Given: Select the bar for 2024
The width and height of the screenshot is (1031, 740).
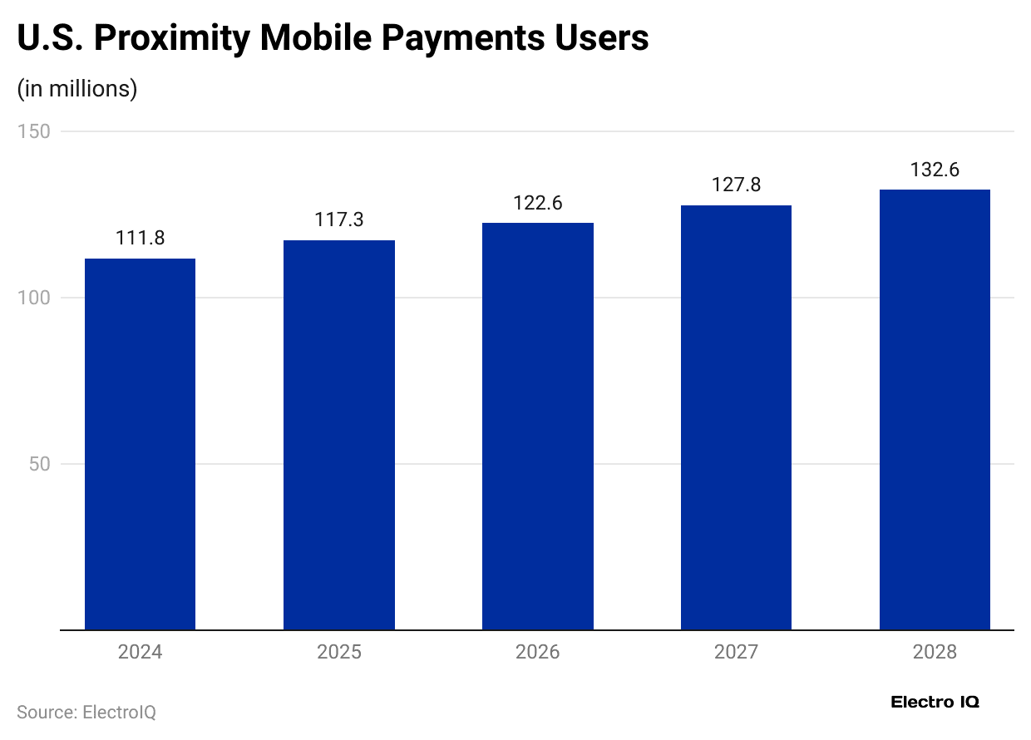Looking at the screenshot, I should [x=140, y=444].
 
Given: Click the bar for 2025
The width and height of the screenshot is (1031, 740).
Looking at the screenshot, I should [x=338, y=435].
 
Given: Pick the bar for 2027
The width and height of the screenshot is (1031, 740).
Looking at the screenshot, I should [x=736, y=417].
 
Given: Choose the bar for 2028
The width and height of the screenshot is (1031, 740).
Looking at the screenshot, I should [x=935, y=409].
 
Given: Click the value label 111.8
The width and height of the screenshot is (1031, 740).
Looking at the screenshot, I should [x=140, y=239].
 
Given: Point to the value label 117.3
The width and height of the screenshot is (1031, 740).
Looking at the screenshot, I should [x=338, y=220].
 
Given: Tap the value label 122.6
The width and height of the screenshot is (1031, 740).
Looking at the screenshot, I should [x=537, y=203].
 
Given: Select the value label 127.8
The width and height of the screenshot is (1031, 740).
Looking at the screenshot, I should [x=736, y=185].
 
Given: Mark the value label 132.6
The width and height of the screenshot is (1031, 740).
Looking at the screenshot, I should [x=935, y=170].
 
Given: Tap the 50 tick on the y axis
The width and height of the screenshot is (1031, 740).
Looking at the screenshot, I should [x=39, y=464].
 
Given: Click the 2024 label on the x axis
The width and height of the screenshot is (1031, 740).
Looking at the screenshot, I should [x=140, y=652].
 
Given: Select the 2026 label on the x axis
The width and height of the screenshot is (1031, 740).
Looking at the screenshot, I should [x=537, y=652].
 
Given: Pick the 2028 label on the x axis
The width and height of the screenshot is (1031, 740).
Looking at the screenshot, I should [x=935, y=652].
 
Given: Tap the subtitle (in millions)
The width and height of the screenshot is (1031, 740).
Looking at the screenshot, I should [x=77, y=89].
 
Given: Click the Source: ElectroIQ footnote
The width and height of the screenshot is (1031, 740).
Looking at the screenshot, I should [x=86, y=713].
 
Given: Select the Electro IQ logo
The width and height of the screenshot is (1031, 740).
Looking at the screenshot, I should [x=935, y=702].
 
